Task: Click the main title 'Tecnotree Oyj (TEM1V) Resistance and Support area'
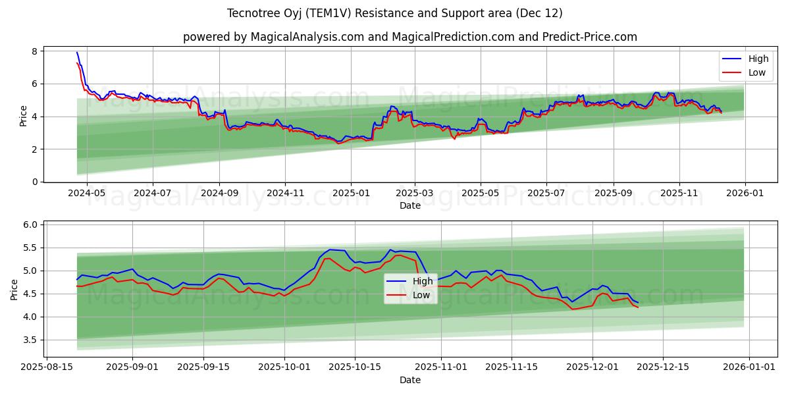pyautogui.click(x=394, y=13)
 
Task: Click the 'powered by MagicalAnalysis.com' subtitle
pyautogui.click(x=409, y=37)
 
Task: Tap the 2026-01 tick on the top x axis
pyautogui.click(x=745, y=194)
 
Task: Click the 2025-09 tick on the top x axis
pyautogui.click(x=613, y=194)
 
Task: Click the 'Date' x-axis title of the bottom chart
pyautogui.click(x=409, y=380)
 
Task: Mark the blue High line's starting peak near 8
pyautogui.click(x=77, y=53)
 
